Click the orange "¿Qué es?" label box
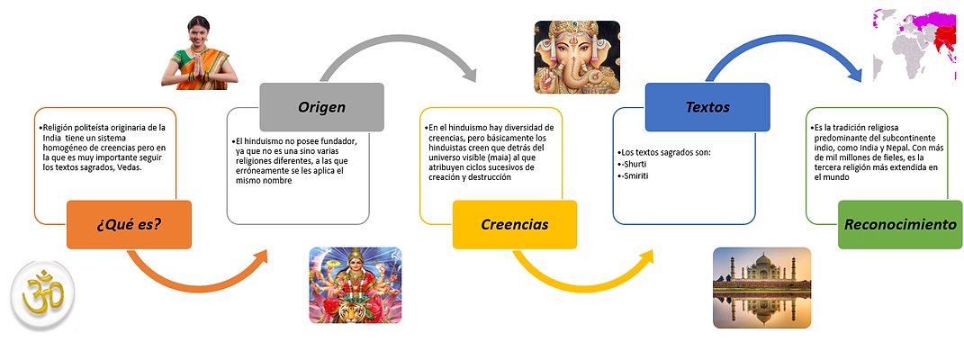(x=129, y=225)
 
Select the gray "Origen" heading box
(x=321, y=107)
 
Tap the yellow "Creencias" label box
(x=515, y=225)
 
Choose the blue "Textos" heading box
(x=707, y=107)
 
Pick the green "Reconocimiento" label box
(x=900, y=225)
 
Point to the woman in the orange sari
(x=199, y=53)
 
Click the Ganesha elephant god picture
(x=577, y=57)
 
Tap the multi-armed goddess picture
(x=356, y=285)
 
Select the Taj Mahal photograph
(x=761, y=286)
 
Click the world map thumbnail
(x=915, y=44)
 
